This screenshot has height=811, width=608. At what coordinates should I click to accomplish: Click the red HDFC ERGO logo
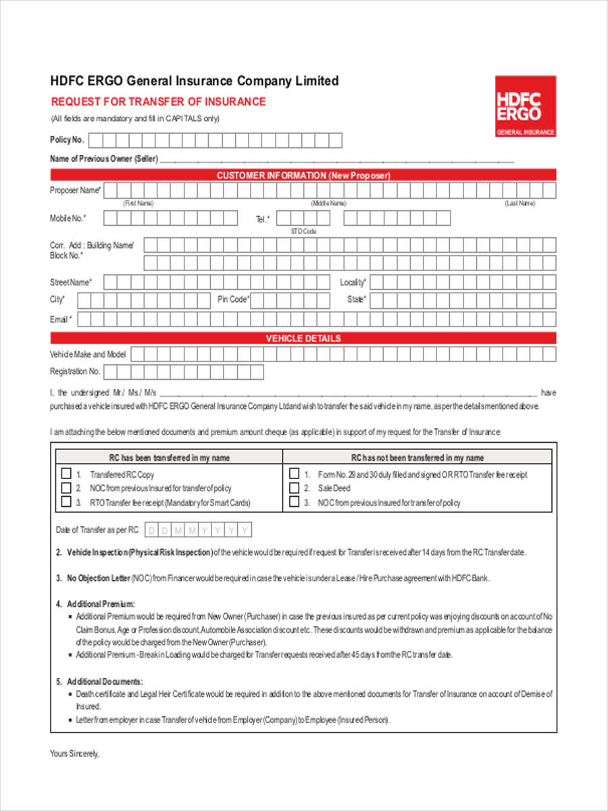[x=526, y=106]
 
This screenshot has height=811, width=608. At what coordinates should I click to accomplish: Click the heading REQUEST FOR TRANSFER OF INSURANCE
[x=159, y=102]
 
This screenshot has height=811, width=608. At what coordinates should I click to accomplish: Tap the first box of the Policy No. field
[x=96, y=141]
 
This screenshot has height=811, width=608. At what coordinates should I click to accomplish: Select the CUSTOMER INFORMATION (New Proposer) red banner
[x=303, y=176]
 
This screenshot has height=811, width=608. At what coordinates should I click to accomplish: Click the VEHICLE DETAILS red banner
[x=303, y=339]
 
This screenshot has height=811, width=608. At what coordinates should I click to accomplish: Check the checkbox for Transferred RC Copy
[x=66, y=474]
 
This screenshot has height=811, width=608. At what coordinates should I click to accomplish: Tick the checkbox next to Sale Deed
[x=294, y=488]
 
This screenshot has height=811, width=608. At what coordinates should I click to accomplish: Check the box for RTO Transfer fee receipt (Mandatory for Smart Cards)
[x=66, y=502]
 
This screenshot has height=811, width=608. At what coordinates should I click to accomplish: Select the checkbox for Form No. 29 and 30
[x=294, y=474]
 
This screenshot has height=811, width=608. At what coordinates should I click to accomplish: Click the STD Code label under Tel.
[x=303, y=231]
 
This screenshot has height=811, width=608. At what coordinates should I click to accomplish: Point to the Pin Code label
[x=233, y=299]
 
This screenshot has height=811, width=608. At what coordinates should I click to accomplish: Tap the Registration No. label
[x=75, y=372]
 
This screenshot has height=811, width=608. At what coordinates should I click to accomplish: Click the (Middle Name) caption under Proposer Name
[x=328, y=203]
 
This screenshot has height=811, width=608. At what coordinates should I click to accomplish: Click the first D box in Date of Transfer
[x=152, y=531]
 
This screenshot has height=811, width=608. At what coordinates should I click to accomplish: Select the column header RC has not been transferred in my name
[x=417, y=458]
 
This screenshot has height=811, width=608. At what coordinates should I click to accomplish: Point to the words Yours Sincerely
[x=75, y=754]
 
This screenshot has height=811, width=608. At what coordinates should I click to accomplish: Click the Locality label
[x=353, y=282]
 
